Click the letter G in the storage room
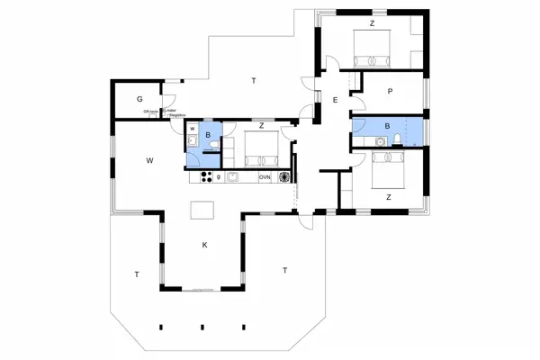140,98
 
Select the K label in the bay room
205,245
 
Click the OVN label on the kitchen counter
265,178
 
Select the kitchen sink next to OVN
232,177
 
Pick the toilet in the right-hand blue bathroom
382,141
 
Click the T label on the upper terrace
254,82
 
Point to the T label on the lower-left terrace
137,274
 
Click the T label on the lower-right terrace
284,270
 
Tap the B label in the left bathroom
209,136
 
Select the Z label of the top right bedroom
371,22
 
